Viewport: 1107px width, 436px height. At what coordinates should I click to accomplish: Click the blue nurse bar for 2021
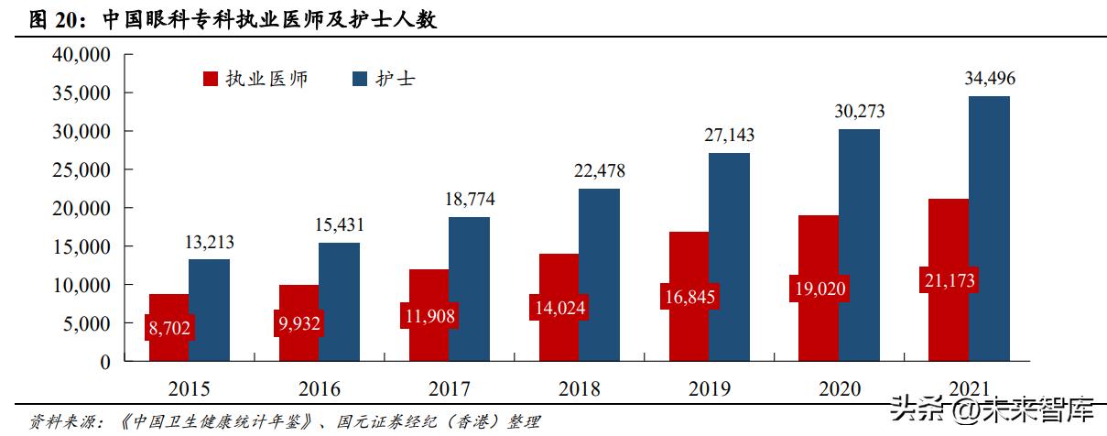click(989, 229)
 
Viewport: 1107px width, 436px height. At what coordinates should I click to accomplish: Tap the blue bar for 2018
click(599, 275)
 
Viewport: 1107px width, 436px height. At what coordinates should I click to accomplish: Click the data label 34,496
click(990, 79)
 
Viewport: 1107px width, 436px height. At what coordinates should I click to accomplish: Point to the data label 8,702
click(168, 328)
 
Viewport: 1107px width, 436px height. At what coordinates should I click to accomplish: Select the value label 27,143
click(729, 136)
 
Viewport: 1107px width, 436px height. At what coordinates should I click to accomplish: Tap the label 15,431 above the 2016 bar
click(339, 225)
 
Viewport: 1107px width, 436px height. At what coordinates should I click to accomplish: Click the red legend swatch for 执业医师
click(210, 80)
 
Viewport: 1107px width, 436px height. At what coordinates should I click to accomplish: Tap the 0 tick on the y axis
click(104, 363)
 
